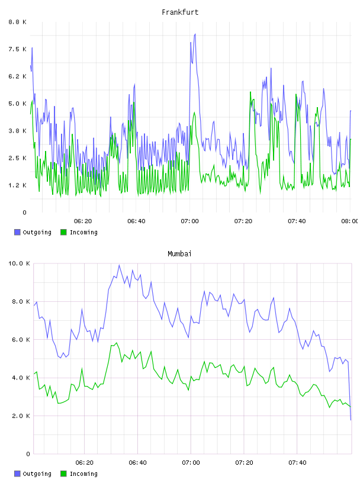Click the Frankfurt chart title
pos(180,12)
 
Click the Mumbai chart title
pos(179,254)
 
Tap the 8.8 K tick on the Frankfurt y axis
pos(18,22)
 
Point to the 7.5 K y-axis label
pos(18,49)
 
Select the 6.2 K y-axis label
pos(18,76)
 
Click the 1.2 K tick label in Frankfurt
pos(18,185)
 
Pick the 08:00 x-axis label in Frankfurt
pos(350,221)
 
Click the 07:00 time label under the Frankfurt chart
pos(190,221)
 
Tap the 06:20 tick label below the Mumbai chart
pos(85,463)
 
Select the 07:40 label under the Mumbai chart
pos(297,463)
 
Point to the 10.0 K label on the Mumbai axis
pos(19,263)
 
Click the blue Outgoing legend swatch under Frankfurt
pos(17,232)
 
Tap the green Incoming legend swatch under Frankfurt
pos(63,232)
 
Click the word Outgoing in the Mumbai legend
pos(37,474)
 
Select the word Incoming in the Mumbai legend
pos(83,474)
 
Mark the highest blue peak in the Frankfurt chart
pos(195,34)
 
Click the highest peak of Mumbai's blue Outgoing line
pos(119,265)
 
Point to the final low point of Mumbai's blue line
pos(351,420)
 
